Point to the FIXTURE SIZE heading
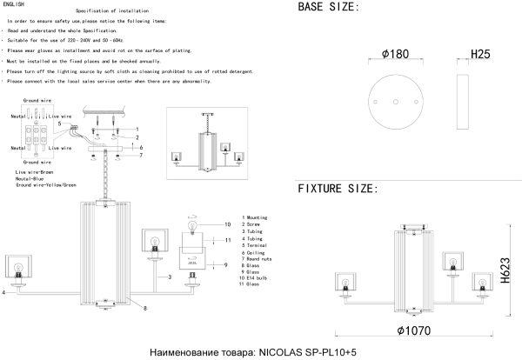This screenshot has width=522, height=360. coord(338,189)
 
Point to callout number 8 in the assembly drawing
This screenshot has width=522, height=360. coord(144,308)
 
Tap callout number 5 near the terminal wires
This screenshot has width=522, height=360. coord(59,123)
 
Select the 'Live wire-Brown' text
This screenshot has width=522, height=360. coord(36,173)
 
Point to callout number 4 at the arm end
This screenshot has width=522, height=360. coord(4,293)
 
